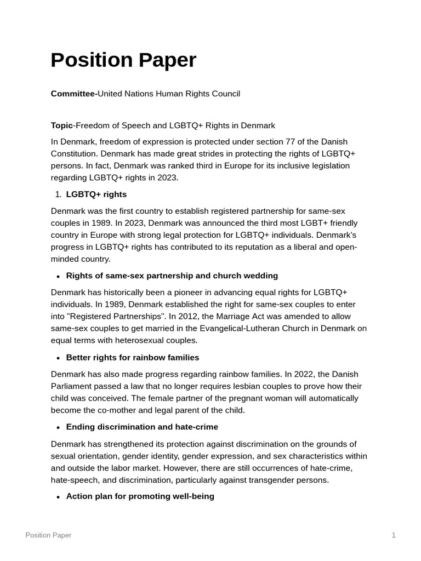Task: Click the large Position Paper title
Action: coord(123,60)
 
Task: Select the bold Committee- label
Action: coord(74,94)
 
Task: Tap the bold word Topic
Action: coord(62,125)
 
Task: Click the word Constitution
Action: coord(75,153)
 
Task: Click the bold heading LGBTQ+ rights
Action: coord(96,194)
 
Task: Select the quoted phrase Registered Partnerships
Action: coord(106,316)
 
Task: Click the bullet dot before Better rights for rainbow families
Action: coord(58,358)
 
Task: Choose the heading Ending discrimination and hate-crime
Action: coord(141,427)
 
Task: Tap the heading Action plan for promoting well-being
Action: coord(140,496)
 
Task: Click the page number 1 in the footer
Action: coord(394,535)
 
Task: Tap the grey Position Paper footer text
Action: coord(48,535)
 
